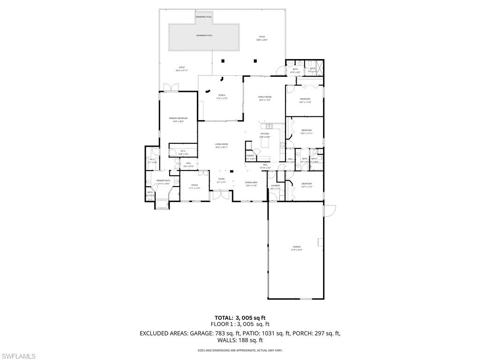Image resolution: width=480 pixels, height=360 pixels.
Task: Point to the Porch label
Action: [222, 97]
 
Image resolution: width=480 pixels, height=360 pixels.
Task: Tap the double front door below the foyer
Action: [221, 194]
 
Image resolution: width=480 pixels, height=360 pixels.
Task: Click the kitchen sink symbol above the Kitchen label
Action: [270, 126]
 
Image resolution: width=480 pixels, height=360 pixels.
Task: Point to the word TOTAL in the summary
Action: [224, 318]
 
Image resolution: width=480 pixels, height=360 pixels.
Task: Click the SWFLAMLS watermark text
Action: [18, 356]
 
